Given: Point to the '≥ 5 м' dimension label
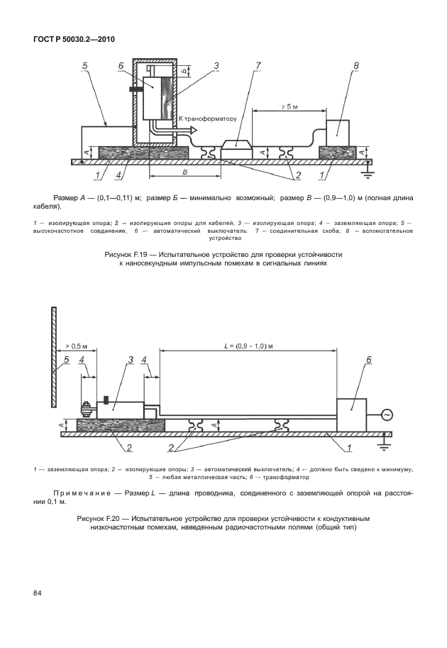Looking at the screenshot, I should [x=289, y=106].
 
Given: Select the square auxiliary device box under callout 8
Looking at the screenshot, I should [x=340, y=132].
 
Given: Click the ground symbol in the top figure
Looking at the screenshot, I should [x=368, y=168].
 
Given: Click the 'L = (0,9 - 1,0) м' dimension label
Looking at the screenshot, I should [x=248, y=344].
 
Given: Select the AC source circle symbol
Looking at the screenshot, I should [x=387, y=414].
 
